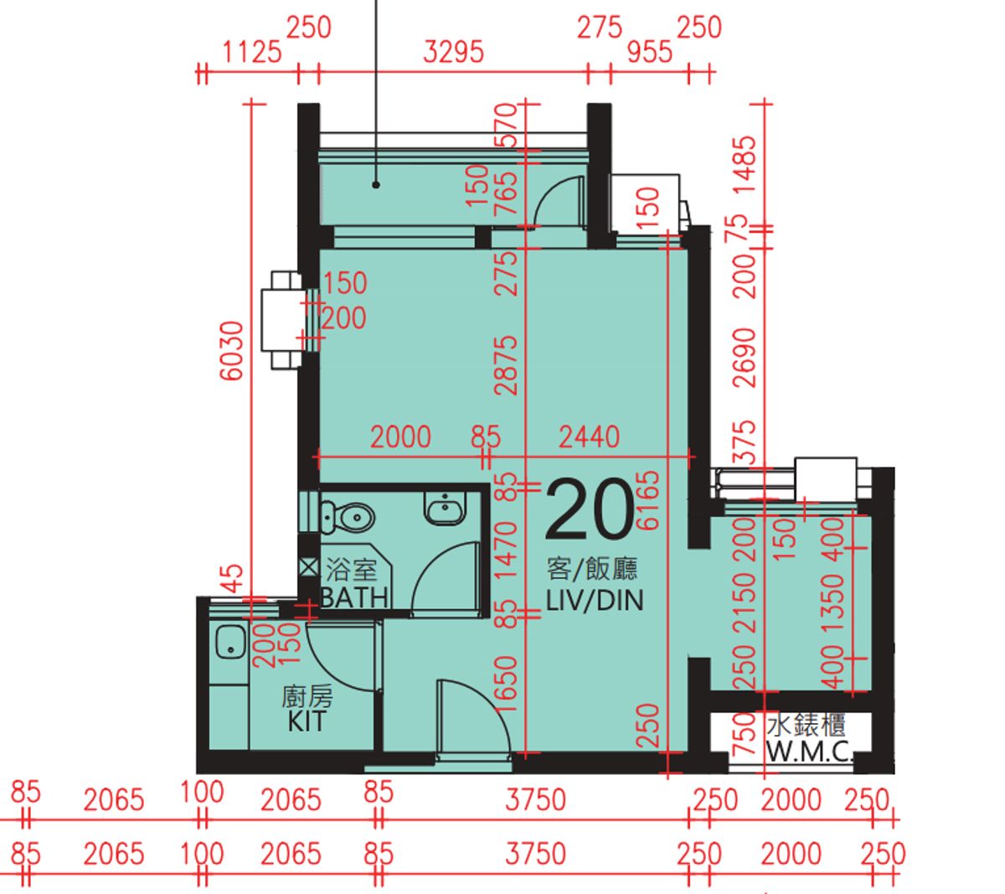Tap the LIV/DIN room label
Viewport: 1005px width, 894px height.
tap(595, 601)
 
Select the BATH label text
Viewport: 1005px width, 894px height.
tap(354, 597)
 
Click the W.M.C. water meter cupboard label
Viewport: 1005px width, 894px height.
tap(809, 752)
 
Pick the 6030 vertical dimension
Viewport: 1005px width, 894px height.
tap(232, 351)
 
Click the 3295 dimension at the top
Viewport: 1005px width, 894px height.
tap(453, 52)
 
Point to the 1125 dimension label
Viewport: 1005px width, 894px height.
tap(252, 52)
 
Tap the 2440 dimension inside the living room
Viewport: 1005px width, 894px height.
tap(590, 437)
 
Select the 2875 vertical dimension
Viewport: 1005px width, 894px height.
tap(506, 365)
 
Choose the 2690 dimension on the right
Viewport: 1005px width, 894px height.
tap(744, 358)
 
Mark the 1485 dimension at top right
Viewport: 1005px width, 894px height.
tap(744, 165)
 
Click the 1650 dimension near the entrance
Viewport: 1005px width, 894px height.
tap(506, 683)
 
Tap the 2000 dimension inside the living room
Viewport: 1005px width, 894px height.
tap(401, 437)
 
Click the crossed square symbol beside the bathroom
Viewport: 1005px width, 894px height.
tap(308, 567)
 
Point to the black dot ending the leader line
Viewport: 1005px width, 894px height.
tap(376, 184)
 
